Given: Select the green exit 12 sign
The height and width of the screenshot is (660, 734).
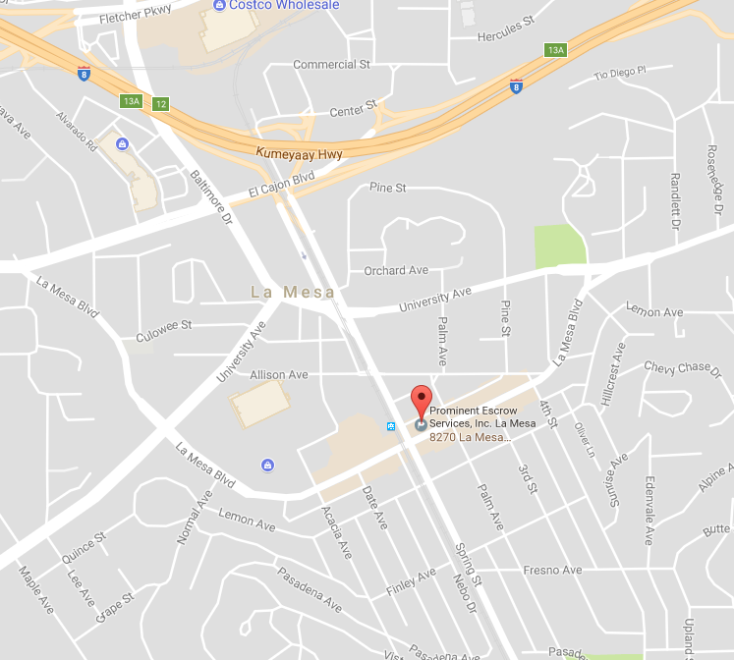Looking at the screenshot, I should click(161, 104).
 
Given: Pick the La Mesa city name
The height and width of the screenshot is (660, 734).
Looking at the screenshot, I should click(293, 292).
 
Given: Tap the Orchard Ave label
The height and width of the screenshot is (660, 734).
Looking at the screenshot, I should click(396, 270).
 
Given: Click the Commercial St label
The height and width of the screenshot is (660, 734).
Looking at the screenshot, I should click(331, 65).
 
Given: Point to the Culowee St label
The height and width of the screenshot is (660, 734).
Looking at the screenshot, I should click(164, 330).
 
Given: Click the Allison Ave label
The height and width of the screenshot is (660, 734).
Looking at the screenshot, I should click(279, 374).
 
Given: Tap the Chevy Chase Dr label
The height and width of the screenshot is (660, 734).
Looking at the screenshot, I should click(677, 367).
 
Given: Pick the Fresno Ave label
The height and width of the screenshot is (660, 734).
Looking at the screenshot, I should click(552, 570).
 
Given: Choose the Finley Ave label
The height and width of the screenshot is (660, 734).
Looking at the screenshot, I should click(412, 580).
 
